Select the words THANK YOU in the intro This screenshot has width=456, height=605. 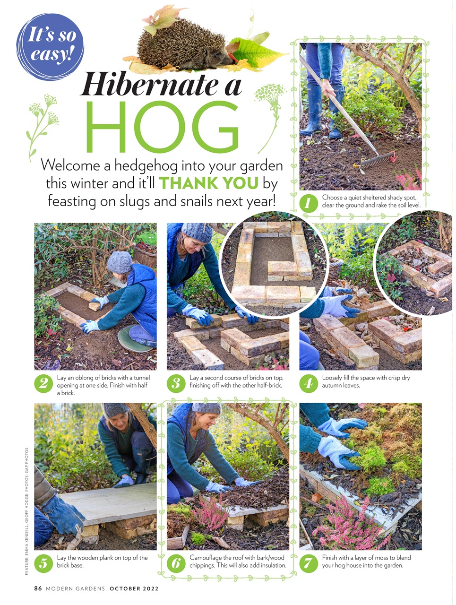coord(208,183)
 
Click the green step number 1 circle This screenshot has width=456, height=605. coord(309,204)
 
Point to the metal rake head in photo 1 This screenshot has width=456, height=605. coord(378,160)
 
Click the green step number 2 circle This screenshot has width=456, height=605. coord(43,383)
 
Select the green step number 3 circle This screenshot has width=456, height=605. coord(176,383)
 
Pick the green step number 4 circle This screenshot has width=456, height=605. coord(309,383)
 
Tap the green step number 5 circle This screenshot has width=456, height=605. coord(43,563)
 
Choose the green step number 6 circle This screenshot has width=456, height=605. coord(176,563)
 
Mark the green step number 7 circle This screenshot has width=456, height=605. coord(309,563)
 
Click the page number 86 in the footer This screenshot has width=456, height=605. coord(38,588)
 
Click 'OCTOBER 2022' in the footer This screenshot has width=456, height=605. coord(134,588)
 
